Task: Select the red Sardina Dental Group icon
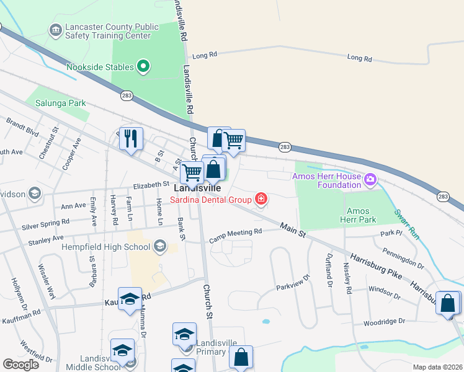[x=261, y=199]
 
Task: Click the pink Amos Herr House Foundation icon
[x=371, y=180]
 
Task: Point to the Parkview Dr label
[x=292, y=284]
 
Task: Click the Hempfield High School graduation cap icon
[x=161, y=247]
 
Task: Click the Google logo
[x=21, y=365]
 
